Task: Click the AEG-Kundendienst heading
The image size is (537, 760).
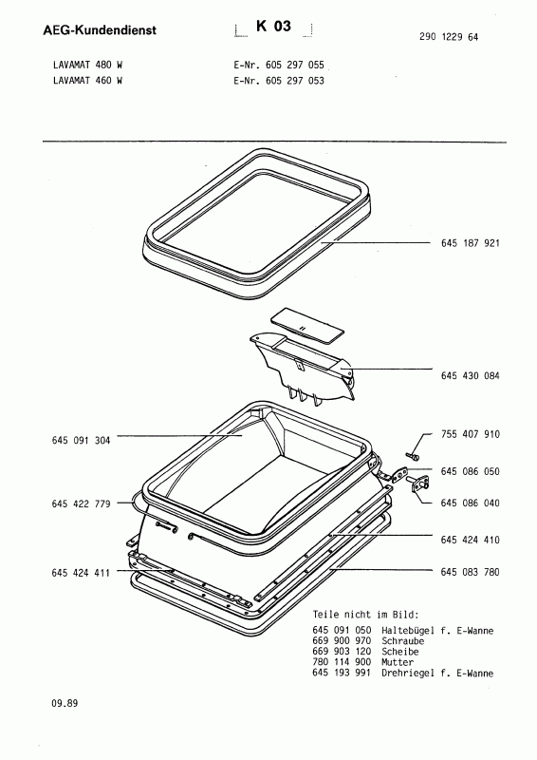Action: click(100, 30)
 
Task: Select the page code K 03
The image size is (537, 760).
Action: click(273, 27)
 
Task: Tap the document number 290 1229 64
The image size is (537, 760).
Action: click(449, 37)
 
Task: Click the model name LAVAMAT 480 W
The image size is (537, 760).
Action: click(87, 65)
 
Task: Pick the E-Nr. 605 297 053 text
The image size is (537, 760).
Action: click(279, 81)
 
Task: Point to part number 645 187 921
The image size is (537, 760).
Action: click(471, 243)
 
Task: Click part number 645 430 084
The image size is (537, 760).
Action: click(471, 375)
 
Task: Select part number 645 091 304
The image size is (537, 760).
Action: click(81, 441)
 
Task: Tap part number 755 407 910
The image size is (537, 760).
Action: click(471, 434)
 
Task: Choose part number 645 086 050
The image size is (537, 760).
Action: click(471, 471)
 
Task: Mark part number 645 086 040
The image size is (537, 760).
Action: click(471, 503)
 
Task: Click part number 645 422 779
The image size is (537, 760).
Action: click(81, 504)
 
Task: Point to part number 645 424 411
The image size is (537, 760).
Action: click(81, 573)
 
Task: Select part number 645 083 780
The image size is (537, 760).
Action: click(471, 572)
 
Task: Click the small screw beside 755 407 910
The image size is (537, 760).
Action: click(412, 456)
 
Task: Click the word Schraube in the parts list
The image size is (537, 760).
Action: click(403, 641)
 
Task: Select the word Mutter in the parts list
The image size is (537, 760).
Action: click(398, 662)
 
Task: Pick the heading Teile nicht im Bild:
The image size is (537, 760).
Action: click(365, 615)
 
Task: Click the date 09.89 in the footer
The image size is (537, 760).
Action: click(65, 703)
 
